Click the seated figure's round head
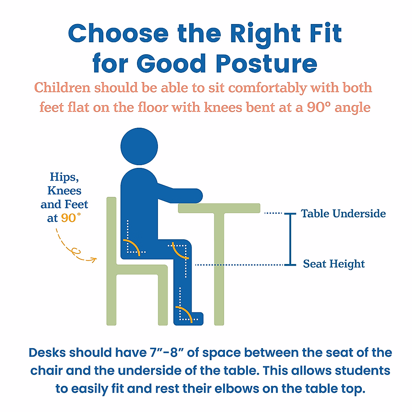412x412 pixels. click(x=139, y=146)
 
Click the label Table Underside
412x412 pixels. click(x=343, y=214)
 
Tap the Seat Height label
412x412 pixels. click(x=334, y=264)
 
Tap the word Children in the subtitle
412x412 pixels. click(x=62, y=88)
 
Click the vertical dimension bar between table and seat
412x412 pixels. click(x=290, y=239)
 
